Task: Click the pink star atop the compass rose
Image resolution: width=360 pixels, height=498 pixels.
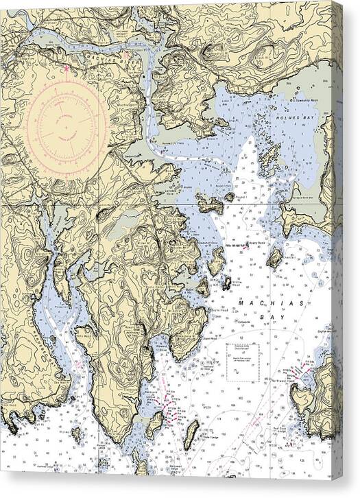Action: pos(66,68)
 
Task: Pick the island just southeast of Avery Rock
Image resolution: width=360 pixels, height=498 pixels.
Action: pos(274,257)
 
